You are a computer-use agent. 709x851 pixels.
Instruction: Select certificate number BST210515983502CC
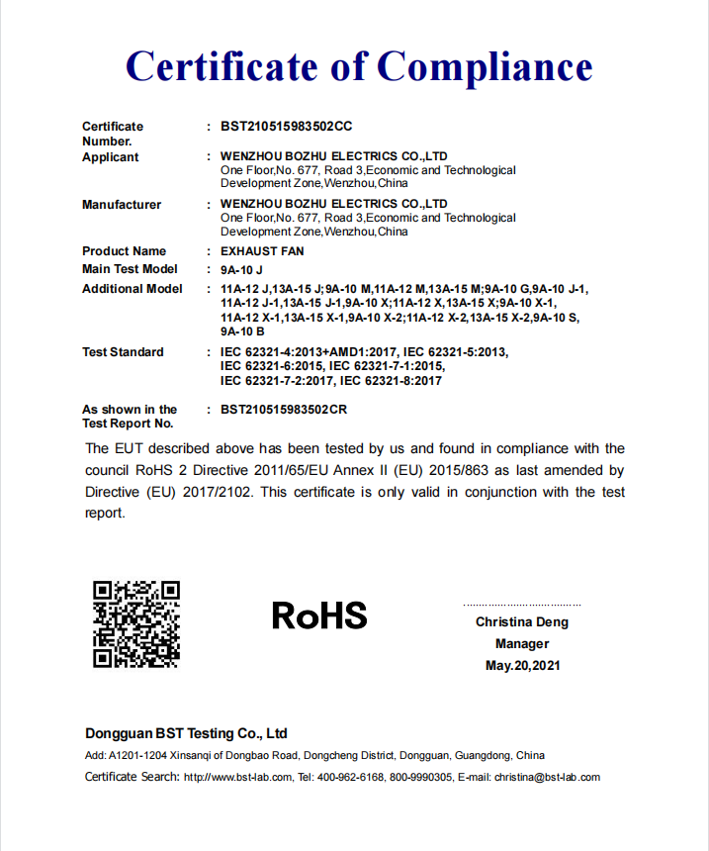click(x=287, y=127)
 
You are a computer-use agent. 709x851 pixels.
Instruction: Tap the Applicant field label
click(x=111, y=157)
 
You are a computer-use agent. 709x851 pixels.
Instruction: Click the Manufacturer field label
click(x=122, y=205)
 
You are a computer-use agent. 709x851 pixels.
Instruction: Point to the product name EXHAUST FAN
click(x=263, y=251)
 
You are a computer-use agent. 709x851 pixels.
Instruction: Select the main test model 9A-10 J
click(x=242, y=269)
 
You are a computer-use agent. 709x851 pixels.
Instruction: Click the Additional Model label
click(x=133, y=289)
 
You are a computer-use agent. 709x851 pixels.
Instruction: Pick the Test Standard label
click(x=123, y=352)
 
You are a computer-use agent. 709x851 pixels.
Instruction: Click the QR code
click(x=136, y=623)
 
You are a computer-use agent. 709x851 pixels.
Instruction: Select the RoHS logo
click(x=319, y=615)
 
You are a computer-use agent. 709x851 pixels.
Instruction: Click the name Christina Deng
click(x=522, y=622)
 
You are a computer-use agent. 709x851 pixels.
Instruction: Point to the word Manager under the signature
click(x=522, y=644)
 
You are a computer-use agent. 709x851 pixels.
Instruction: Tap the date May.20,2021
click(x=522, y=666)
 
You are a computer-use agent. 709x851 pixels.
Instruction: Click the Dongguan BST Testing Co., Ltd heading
click(x=186, y=733)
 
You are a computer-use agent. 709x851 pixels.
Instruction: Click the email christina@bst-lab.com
click(x=547, y=777)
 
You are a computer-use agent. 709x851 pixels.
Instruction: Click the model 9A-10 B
click(x=242, y=331)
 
